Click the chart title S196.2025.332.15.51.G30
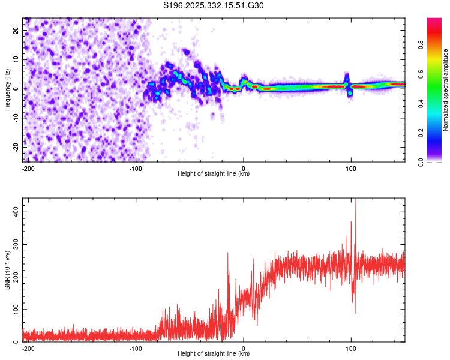tap(214, 6)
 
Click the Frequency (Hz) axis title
tap(7, 90)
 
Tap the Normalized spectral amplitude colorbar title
tap(446, 90)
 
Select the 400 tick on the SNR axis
tap(14, 212)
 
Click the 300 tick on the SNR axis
tap(14, 245)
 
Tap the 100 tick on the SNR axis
tap(14, 310)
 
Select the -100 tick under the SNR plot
tap(136, 349)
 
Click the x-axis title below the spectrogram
tap(214, 174)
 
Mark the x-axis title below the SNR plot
tap(214, 354)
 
